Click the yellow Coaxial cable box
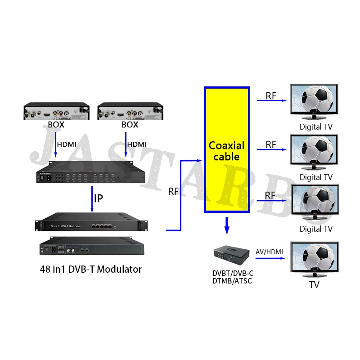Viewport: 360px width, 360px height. pos(227,150)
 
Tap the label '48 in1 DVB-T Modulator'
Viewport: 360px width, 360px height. pos(90,270)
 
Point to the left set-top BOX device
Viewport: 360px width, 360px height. pos(56,111)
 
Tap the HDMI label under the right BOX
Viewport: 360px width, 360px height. pos(137,144)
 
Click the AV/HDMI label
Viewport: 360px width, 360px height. pos(270,252)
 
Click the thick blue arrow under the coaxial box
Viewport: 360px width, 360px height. pos(227,225)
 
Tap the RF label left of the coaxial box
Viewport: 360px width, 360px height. pos(174,191)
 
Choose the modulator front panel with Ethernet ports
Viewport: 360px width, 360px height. pos(92,224)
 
